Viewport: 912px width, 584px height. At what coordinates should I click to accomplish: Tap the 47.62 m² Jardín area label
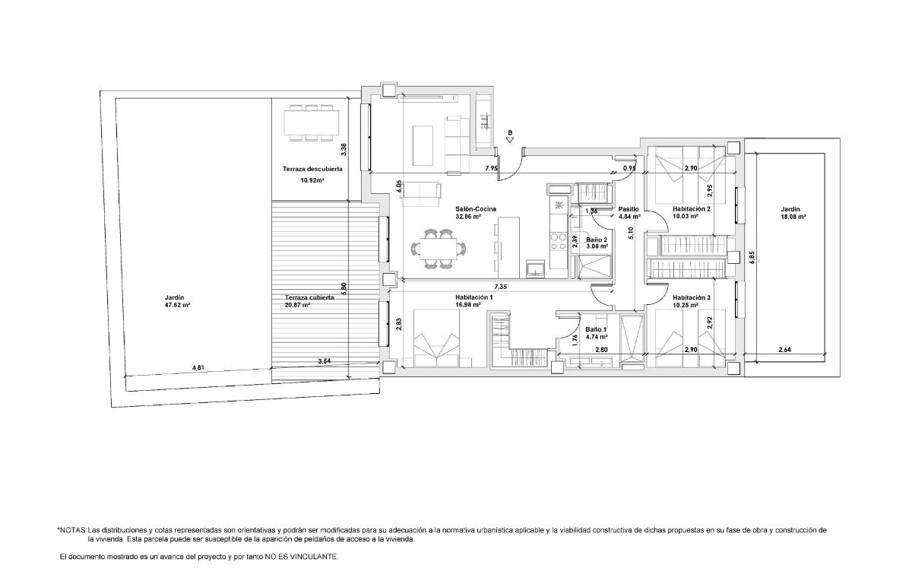(176, 301)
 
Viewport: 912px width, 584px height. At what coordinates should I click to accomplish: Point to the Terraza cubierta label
(309, 297)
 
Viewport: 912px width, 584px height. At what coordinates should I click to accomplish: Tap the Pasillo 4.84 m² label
(629, 212)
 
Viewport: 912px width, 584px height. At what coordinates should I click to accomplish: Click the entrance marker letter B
(510, 132)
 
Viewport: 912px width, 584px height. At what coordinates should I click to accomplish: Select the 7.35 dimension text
(500, 287)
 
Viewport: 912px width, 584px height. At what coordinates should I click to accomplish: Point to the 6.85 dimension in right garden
(751, 258)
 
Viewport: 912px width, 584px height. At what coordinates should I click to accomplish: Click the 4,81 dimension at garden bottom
(198, 367)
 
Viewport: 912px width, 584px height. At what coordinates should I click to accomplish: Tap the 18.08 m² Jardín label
(793, 212)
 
